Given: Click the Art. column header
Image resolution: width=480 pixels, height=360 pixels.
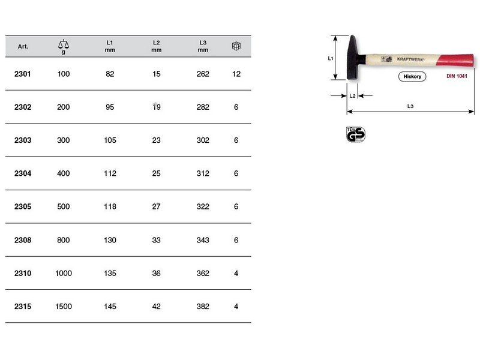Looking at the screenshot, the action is (23, 47).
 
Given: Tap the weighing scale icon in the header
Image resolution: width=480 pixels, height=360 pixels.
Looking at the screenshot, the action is (64, 44).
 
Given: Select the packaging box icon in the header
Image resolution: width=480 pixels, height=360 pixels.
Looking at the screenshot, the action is (236, 46).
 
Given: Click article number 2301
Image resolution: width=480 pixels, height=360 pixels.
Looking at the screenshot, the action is (23, 74).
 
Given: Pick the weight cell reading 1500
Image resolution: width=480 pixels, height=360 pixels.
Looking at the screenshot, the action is (64, 307).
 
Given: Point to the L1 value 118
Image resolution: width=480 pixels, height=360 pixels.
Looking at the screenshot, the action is (110, 206).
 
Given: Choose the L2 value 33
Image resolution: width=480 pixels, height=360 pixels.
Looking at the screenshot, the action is (156, 240).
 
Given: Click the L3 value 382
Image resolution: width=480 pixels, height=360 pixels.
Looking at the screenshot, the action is (203, 307).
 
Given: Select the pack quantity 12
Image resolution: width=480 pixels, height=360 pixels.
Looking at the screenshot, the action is (236, 74).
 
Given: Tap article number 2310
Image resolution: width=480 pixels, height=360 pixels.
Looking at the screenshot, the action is (23, 274).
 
